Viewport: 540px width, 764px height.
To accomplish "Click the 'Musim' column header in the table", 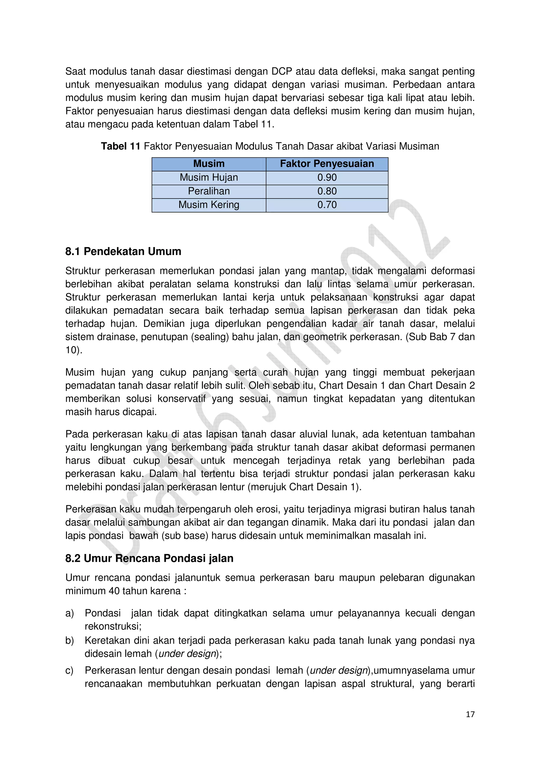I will pyautogui.click(x=209, y=164).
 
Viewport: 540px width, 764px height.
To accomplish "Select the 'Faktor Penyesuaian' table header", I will pyautogui.click(x=327, y=164).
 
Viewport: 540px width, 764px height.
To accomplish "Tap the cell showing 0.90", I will pyautogui.click(x=327, y=178).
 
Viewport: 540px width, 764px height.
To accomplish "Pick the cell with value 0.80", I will pyautogui.click(x=327, y=191).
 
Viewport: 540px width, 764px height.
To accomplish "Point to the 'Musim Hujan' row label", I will pyautogui.click(x=209, y=178).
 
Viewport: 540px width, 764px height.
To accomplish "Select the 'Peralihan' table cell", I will pyautogui.click(x=209, y=191).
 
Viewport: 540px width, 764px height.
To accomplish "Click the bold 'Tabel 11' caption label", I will pyautogui.click(x=120, y=146).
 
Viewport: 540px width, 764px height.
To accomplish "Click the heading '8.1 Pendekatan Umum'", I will pyautogui.click(x=123, y=252).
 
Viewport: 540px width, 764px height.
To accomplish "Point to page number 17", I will pyautogui.click(x=470, y=714).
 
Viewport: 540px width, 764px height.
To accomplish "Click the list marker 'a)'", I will pyautogui.click(x=70, y=613).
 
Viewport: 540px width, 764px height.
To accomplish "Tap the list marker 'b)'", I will pyautogui.click(x=70, y=641).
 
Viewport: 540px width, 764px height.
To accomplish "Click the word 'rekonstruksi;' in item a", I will pyautogui.click(x=113, y=627).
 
